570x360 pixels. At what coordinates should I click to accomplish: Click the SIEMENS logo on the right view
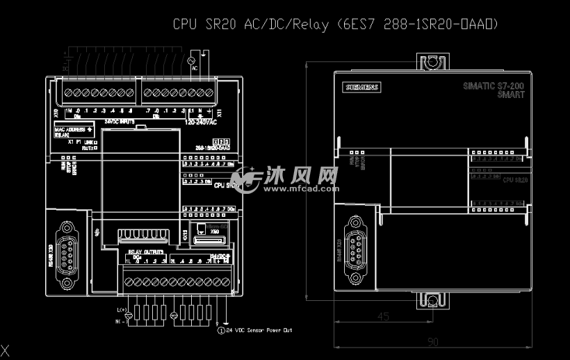tap(362, 87)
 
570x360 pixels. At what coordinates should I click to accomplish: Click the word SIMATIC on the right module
tap(479, 85)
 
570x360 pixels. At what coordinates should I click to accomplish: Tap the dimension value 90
tap(432, 342)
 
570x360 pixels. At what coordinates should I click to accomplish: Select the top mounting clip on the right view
tap(432, 62)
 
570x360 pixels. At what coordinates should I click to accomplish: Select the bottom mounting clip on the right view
tap(432, 300)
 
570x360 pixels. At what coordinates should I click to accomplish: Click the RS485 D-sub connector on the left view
tap(67, 254)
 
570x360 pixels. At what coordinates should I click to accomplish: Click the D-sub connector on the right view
tap(357, 250)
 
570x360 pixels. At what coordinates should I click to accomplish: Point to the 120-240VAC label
tap(202, 121)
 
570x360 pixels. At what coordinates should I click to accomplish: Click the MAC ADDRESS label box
tap(74, 131)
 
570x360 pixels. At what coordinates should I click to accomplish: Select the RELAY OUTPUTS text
tap(145, 251)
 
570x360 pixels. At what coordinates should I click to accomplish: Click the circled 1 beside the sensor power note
tap(222, 330)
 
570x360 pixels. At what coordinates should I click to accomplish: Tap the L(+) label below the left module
tap(122, 309)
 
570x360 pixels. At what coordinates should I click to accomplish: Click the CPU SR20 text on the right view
tap(514, 179)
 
